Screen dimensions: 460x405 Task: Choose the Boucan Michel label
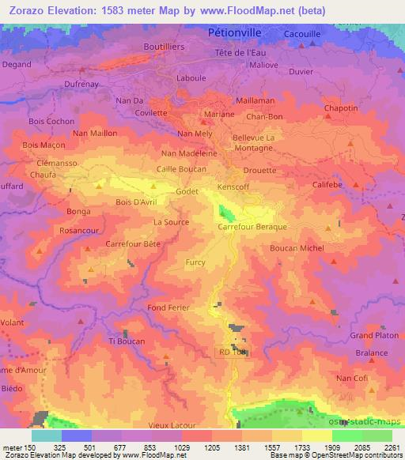click(297, 248)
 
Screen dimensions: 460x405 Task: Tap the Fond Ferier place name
click(167, 307)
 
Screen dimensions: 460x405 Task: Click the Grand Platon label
click(373, 335)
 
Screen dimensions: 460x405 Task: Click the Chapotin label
click(342, 110)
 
